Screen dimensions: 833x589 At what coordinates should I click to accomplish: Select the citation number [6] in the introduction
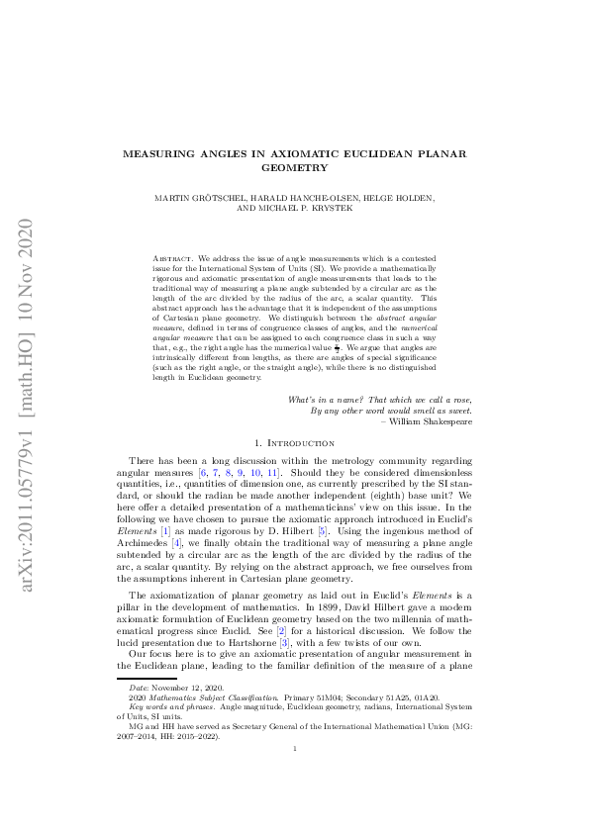coord(205,475)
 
